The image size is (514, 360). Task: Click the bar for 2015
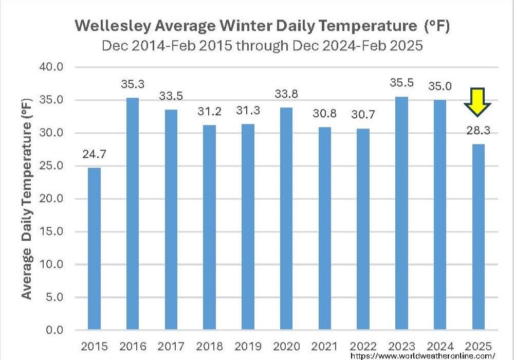pyautogui.click(x=94, y=248)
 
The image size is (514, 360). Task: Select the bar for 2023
pyautogui.click(x=402, y=213)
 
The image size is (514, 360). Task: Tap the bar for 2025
pyautogui.click(x=479, y=237)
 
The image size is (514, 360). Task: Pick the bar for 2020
pyautogui.click(x=286, y=219)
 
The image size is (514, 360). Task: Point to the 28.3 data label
pyautogui.click(x=479, y=131)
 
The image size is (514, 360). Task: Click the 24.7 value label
pyautogui.click(x=94, y=154)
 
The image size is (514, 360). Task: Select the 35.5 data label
pyautogui.click(x=402, y=84)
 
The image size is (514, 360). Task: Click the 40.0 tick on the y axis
pyautogui.click(x=50, y=67)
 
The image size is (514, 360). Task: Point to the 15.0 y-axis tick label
pyautogui.click(x=50, y=232)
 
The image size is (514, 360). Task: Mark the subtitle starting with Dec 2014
pyautogui.click(x=262, y=45)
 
